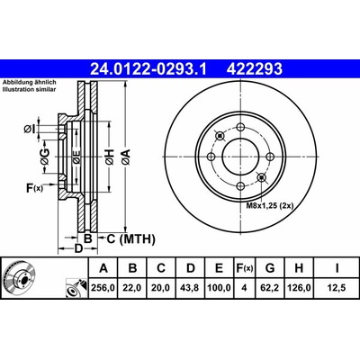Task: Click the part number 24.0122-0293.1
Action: point(148,68)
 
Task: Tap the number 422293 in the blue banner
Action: point(255,68)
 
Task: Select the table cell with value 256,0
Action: point(103,288)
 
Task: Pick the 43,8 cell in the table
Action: point(191,288)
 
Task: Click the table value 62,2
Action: point(270,288)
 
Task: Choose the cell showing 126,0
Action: point(299,288)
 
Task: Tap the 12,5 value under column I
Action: point(337,288)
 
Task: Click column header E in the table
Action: point(220,268)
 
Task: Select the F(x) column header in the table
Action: point(245,268)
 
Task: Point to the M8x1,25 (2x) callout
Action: point(270,206)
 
